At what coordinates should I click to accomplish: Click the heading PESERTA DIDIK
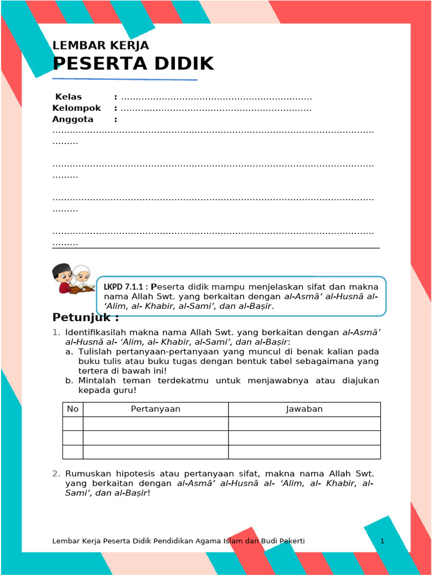(x=133, y=64)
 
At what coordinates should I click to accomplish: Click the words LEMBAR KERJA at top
(x=101, y=46)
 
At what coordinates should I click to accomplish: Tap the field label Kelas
(x=68, y=97)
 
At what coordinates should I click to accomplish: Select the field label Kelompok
(x=76, y=108)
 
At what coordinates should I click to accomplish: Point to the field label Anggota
(x=73, y=119)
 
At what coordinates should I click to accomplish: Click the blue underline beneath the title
(x=125, y=79)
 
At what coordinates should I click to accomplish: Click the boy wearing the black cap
(x=62, y=277)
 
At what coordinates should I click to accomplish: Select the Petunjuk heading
(x=85, y=318)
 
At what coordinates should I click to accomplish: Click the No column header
(x=73, y=409)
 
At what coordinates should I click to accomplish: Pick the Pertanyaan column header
(x=155, y=409)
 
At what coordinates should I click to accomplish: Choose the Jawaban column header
(x=304, y=409)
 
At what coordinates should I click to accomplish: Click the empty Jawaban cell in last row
(x=304, y=452)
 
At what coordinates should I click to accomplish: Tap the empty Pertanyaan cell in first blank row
(x=155, y=424)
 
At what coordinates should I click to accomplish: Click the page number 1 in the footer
(x=382, y=541)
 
